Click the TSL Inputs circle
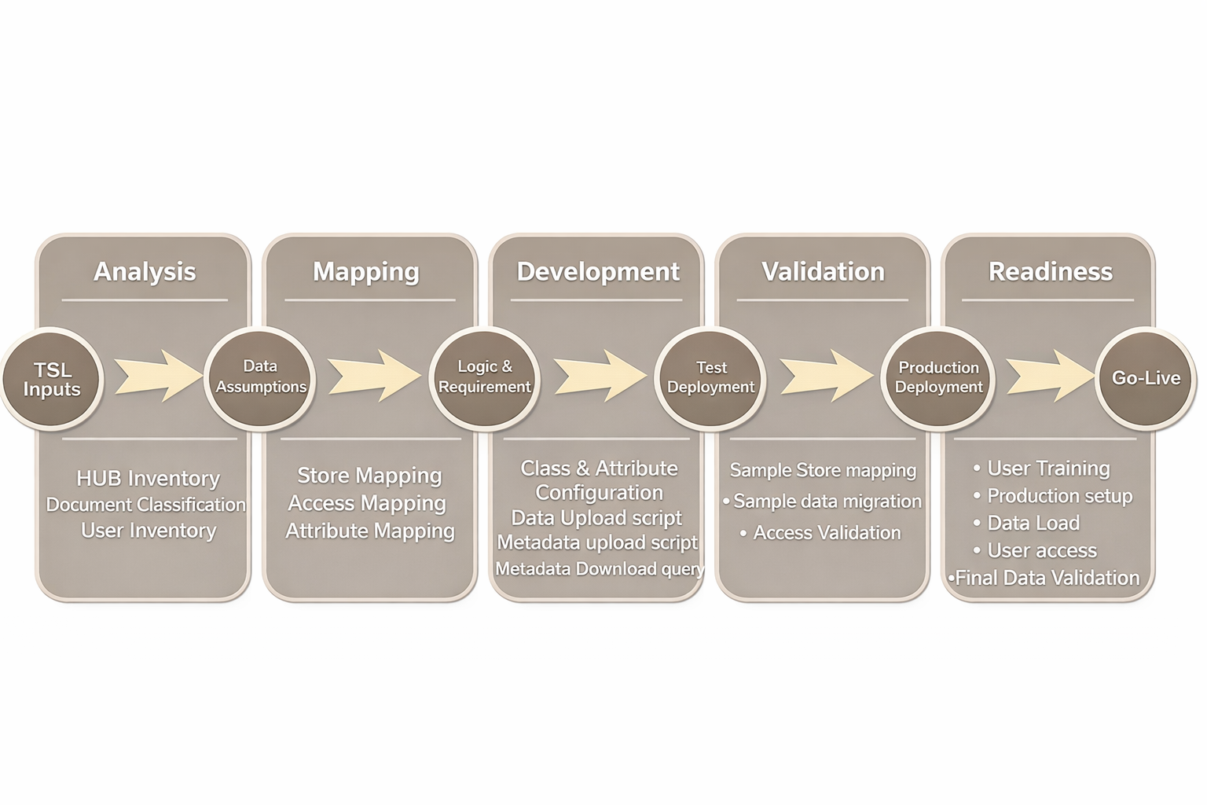pos(52,379)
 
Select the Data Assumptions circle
pos(260,377)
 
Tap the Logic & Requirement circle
pos(485,377)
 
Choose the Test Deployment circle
pos(710,378)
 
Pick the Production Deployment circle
pos(938,378)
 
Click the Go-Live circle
pos(1146,378)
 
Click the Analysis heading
pos(145,271)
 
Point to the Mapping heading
pos(366,271)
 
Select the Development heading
pos(598,271)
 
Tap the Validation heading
pos(823,271)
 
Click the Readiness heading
pos(1051,271)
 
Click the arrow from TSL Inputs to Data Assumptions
pos(156,376)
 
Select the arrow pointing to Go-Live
pos(1048,376)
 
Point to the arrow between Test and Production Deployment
pos(824,376)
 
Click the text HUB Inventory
pos(148,478)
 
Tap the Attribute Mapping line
pos(370,531)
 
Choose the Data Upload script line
pos(596,518)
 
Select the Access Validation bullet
pos(827,533)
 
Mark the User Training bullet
pos(1048,469)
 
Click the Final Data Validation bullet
pos(1047,578)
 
